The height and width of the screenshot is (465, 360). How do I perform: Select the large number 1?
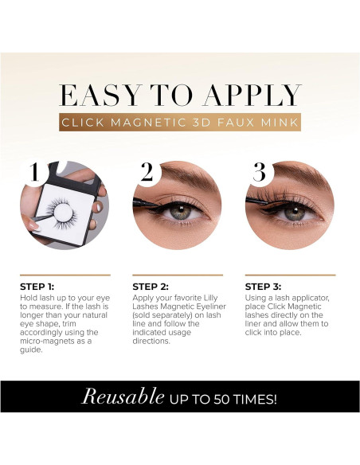click(34, 173)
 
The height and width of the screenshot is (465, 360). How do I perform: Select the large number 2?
click(147, 173)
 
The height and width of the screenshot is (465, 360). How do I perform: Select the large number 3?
click(259, 173)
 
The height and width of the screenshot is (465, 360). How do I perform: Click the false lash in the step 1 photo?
click(58, 212)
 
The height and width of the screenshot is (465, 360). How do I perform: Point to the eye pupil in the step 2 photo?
click(182, 213)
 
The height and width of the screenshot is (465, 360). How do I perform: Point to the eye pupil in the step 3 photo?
click(295, 213)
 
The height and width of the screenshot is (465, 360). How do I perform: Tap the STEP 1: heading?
click(38, 287)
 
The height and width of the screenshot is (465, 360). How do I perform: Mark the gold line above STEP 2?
click(178, 275)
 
